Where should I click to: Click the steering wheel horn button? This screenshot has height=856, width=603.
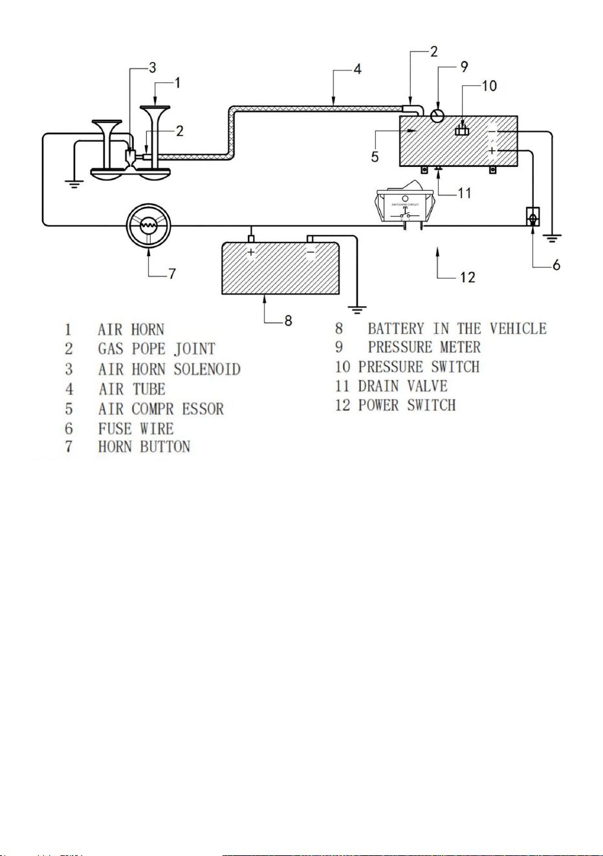148,225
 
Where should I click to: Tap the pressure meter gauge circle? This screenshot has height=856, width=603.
437,115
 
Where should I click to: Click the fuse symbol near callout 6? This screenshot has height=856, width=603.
532,217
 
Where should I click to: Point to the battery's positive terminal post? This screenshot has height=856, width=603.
251,239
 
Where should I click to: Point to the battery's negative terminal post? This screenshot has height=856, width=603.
310,239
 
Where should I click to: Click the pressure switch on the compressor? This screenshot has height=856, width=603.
462,129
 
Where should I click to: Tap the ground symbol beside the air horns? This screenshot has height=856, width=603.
74,184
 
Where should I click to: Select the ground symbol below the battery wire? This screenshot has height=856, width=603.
357,310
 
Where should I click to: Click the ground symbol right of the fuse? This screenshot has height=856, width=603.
551,239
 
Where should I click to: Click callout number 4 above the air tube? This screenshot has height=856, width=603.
357,69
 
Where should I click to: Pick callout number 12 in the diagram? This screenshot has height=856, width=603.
467,277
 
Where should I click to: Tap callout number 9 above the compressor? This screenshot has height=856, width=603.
464,67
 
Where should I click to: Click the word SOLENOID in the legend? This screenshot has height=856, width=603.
207,369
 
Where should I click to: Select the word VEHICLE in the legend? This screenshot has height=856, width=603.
518,328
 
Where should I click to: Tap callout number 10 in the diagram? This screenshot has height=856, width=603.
489,85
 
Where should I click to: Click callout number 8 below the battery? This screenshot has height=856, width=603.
288,320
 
